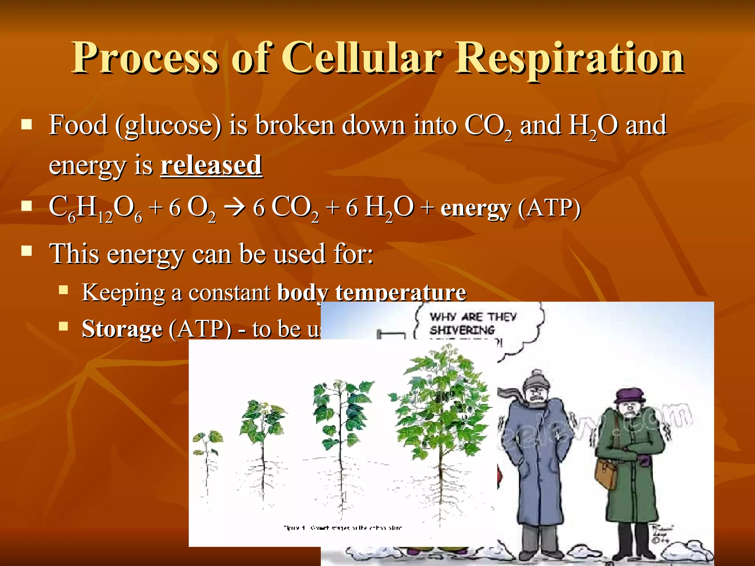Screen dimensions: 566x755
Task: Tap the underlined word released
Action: pos(211,165)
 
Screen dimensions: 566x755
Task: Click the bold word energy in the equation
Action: pos(476,208)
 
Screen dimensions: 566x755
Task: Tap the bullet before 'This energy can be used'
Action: pos(27,252)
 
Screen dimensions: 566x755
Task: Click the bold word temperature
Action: pos(401,293)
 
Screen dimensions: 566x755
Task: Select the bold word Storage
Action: pos(122,329)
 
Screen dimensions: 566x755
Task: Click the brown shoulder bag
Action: pos(606,474)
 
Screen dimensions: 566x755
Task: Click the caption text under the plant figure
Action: pos(342,528)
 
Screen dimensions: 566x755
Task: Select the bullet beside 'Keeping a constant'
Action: pos(64,290)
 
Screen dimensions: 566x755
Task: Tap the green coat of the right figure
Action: pos(630,479)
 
